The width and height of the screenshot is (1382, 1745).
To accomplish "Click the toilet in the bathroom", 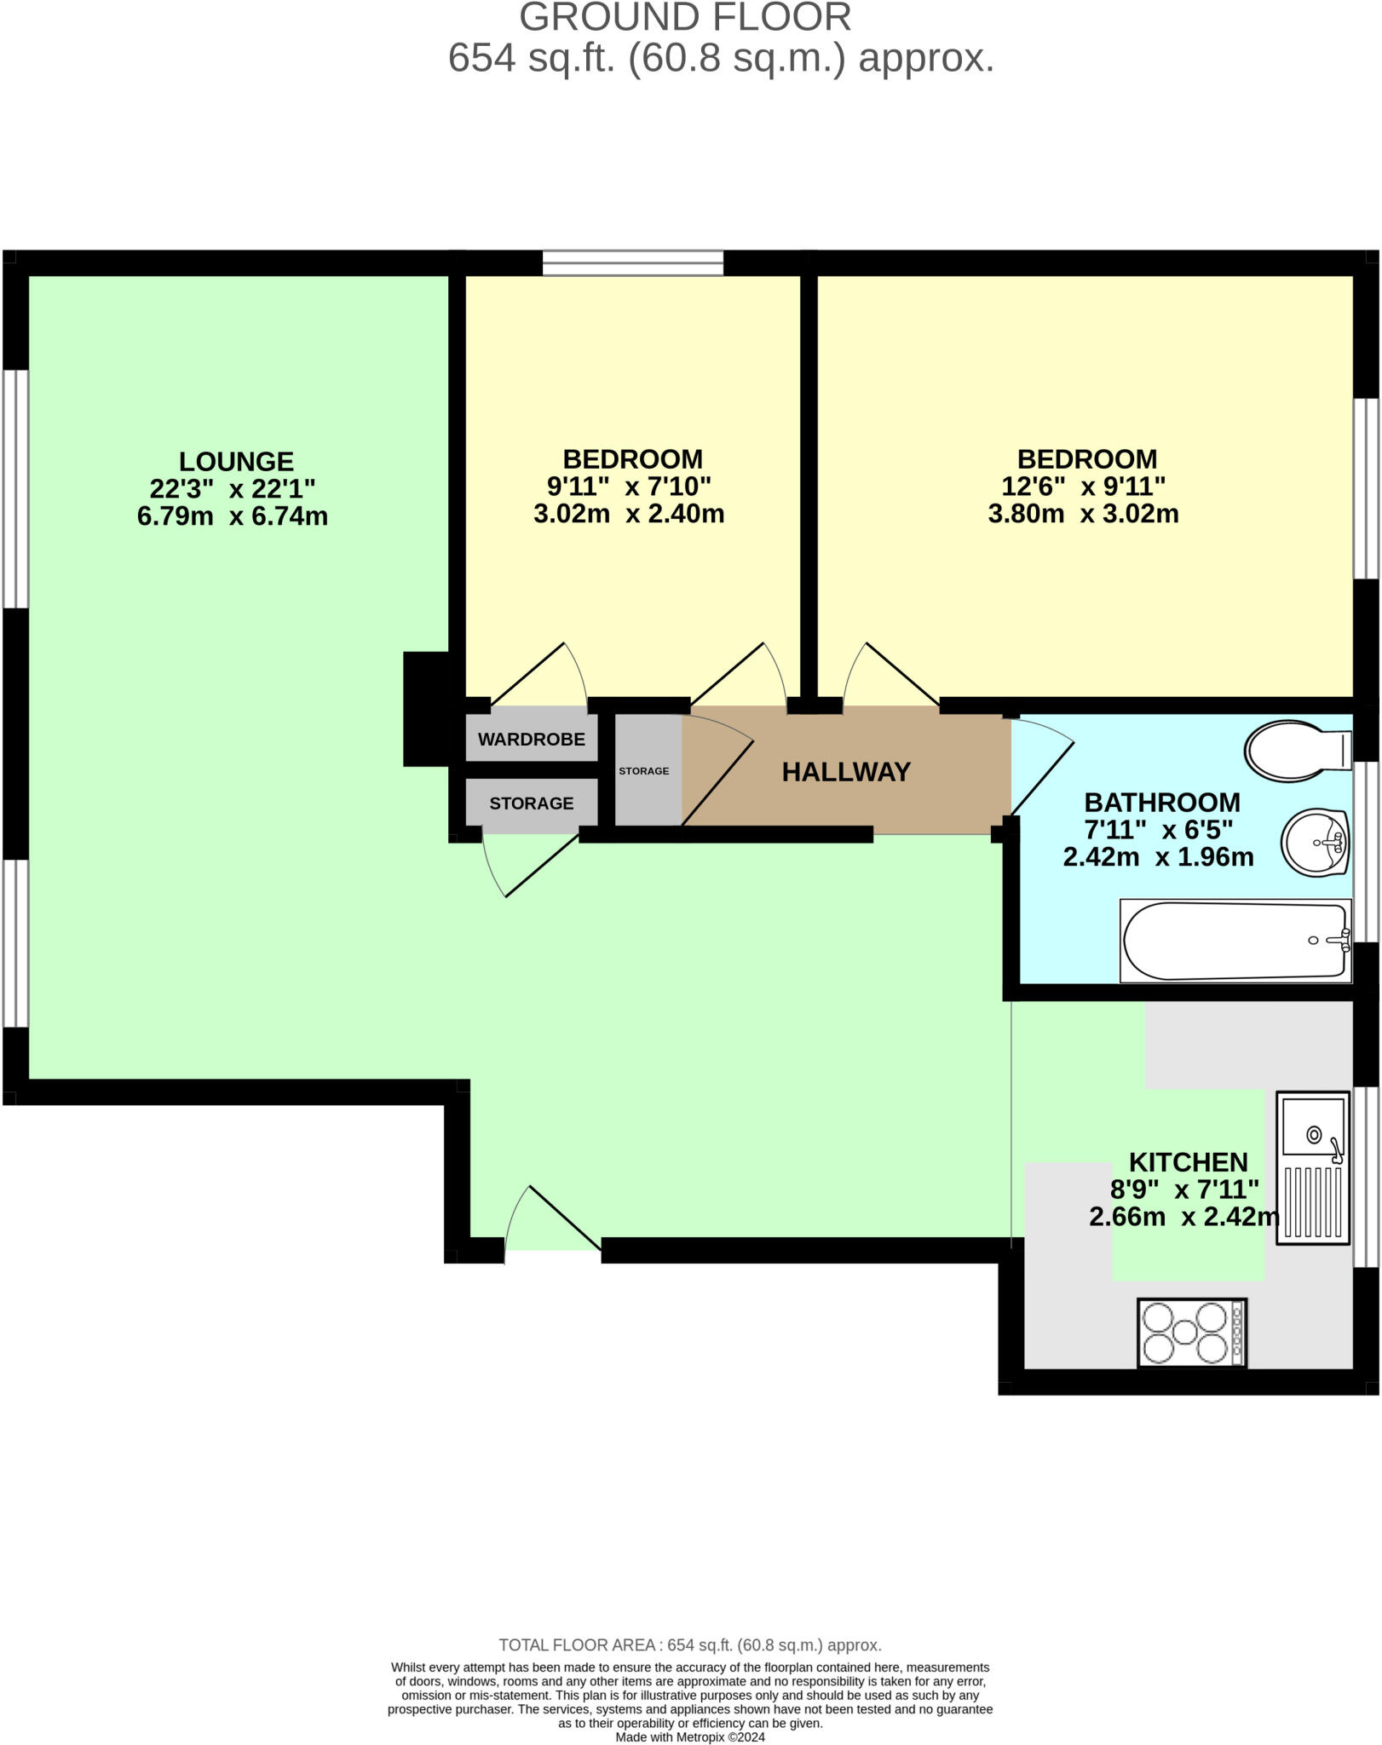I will (x=1295, y=751).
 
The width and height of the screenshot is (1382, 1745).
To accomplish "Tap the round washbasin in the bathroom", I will (x=1314, y=843).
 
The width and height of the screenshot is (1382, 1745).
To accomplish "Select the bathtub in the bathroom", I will (x=1235, y=941).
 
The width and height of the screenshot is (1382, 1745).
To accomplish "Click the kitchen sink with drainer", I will (x=1313, y=1168).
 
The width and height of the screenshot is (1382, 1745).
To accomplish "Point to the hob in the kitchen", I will (x=1192, y=1333).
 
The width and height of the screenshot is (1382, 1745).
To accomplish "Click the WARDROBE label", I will (x=531, y=739).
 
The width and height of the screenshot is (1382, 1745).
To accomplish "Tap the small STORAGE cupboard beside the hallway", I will (x=645, y=770).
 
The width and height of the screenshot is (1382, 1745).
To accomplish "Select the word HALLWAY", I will (x=846, y=772).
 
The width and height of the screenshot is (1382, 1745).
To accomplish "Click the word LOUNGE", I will (x=236, y=462).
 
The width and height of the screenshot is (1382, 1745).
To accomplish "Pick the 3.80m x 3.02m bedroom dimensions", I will (x=1083, y=514).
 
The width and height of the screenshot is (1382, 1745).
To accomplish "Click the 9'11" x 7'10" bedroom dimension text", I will (x=629, y=487).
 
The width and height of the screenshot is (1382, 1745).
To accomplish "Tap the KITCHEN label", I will (x=1188, y=1162).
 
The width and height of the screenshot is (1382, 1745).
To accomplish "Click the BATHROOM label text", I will (x=1161, y=803).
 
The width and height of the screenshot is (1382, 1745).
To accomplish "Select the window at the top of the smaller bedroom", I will (x=633, y=262).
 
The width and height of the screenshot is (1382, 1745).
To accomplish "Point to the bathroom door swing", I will (x=1041, y=765).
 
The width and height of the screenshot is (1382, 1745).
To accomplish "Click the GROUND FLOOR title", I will (x=685, y=18).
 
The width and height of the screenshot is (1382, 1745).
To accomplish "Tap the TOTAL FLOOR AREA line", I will (x=689, y=1644).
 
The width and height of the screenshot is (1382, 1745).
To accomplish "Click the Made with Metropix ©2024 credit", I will (x=690, y=1736).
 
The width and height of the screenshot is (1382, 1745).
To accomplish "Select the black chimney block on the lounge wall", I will (x=426, y=709).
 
